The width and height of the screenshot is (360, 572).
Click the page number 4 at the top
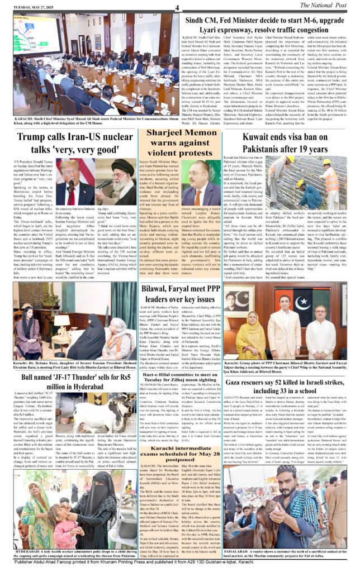[x=177, y=7]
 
